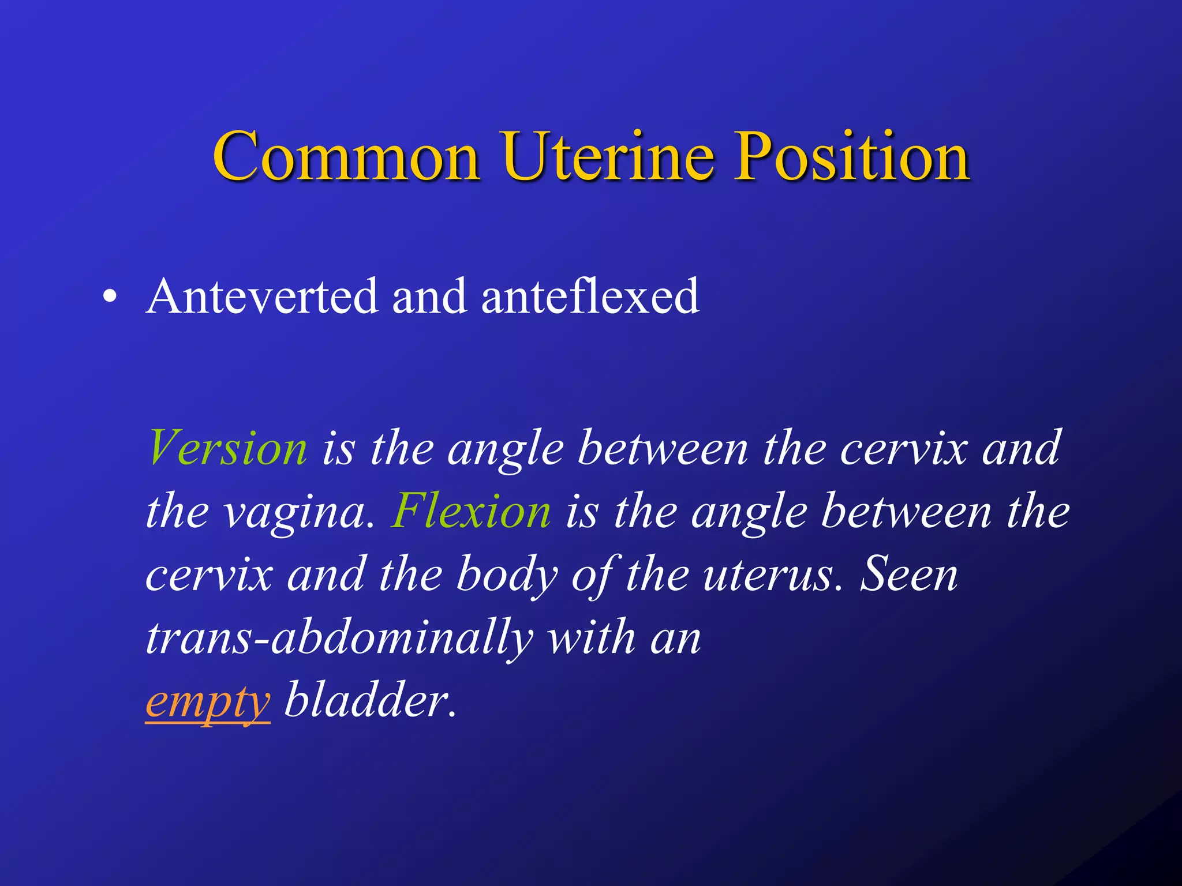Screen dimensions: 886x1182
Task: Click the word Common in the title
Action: coord(346,157)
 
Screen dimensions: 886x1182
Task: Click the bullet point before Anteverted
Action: coord(110,298)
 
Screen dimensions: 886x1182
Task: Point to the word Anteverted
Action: coord(262,296)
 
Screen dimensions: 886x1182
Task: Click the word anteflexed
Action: coord(590,296)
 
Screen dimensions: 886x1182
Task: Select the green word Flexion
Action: coord(471,512)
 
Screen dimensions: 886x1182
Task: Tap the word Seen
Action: coord(909,575)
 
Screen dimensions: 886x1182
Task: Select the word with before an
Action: coord(592,637)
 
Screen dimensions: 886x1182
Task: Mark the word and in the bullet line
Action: coord(429,296)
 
